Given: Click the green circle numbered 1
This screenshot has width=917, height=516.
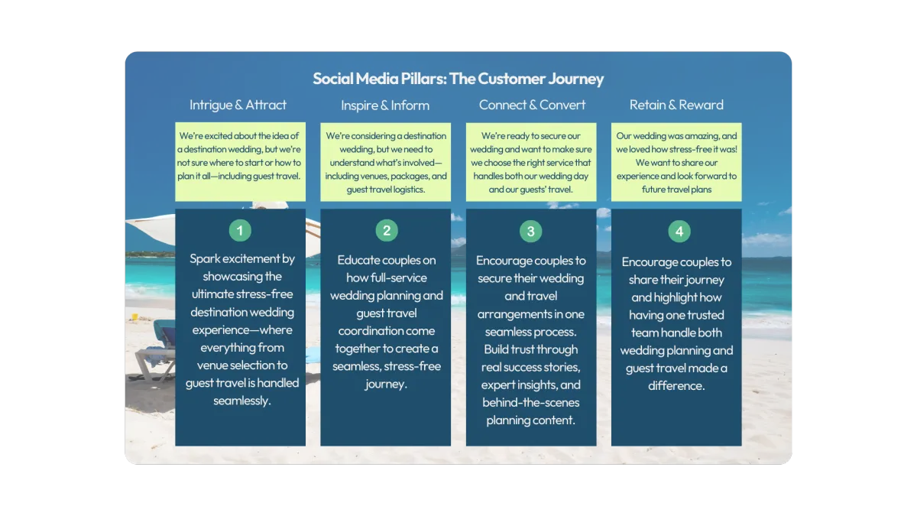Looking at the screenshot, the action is point(240,231).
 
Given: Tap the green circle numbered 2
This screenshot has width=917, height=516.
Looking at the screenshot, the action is point(387,231).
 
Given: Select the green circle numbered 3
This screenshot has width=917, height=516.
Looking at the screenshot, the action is point(530,232).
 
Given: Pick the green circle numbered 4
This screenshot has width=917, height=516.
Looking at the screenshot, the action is point(679,232).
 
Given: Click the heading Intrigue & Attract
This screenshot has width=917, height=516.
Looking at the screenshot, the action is point(238,105).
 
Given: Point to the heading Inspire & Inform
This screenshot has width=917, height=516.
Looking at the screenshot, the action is point(385,105).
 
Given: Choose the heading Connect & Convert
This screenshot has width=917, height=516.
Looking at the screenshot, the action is point(532,105).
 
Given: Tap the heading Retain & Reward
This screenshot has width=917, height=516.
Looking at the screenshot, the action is point(676,105).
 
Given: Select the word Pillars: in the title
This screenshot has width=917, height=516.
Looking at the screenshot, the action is point(423,79).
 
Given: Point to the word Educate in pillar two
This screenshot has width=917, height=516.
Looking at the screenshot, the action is point(360,260).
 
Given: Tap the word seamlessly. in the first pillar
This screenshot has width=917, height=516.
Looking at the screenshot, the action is point(242,401).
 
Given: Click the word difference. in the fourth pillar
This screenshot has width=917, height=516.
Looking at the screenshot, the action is point(676,386).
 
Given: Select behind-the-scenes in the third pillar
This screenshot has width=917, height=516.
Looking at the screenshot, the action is point(530,403).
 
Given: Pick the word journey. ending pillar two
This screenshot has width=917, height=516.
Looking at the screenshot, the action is point(386,384).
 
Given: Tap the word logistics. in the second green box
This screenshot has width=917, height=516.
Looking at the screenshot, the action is point(409,190).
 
